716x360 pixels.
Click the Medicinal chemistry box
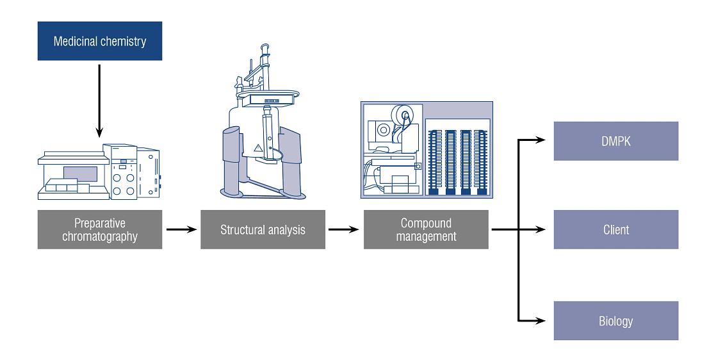click(x=100, y=42)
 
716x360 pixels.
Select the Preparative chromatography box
click(x=100, y=229)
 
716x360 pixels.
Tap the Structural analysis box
click(x=263, y=229)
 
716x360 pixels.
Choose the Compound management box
click(x=426, y=229)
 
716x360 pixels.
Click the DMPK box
click(x=615, y=141)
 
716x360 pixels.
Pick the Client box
click(x=615, y=229)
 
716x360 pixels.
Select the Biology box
click(x=615, y=320)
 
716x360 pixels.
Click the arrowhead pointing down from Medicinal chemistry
click(x=99, y=132)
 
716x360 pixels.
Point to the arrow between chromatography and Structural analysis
click(x=181, y=229)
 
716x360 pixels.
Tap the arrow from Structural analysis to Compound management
click(x=344, y=229)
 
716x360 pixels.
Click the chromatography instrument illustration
click(x=99, y=172)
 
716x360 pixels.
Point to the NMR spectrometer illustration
click(x=263, y=128)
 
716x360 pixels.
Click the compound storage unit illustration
click(x=426, y=149)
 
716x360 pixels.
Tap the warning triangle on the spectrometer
click(x=259, y=148)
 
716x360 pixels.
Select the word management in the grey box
click(x=426, y=236)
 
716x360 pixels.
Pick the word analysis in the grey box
click(x=286, y=229)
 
